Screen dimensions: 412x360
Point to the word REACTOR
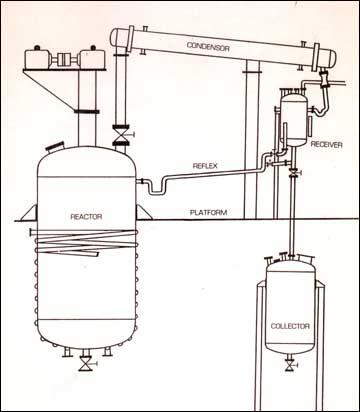tap(89, 216)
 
